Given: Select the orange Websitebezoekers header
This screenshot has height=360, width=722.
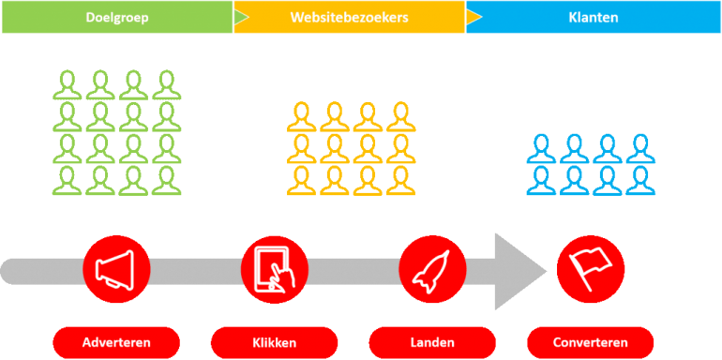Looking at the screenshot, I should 349,17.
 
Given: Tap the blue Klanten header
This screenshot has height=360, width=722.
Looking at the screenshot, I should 593,17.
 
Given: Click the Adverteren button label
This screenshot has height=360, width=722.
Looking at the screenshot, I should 117,341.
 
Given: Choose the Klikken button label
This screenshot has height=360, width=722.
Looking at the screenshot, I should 275,341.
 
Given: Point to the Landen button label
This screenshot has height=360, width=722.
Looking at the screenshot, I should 432,341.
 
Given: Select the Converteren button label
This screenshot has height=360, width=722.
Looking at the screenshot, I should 591,341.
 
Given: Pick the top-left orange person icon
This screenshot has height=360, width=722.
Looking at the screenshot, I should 302,117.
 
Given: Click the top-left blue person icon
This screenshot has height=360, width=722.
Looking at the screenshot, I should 541,148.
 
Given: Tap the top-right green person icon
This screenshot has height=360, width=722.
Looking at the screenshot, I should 166,84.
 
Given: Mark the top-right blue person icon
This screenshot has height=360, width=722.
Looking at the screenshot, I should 640,148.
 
